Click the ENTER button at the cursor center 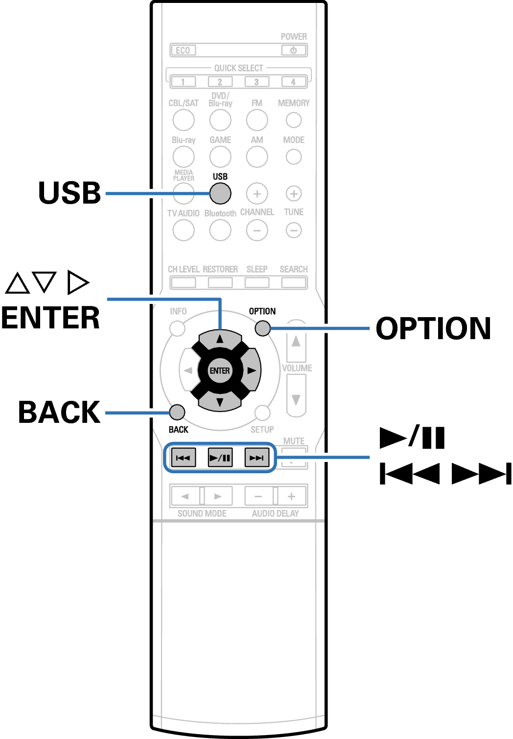point(220,370)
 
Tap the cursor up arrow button point(220,339)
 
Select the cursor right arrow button point(252,370)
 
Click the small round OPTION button point(263,328)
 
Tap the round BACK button point(177,412)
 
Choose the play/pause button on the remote point(220,458)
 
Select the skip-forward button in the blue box point(256,458)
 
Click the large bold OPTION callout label point(433,328)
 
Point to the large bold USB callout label point(70,193)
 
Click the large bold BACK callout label point(59,412)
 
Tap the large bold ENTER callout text point(50,318)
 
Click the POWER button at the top point(294,50)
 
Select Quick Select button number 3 point(256,82)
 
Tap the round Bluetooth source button point(220,230)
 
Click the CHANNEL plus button point(257,194)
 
